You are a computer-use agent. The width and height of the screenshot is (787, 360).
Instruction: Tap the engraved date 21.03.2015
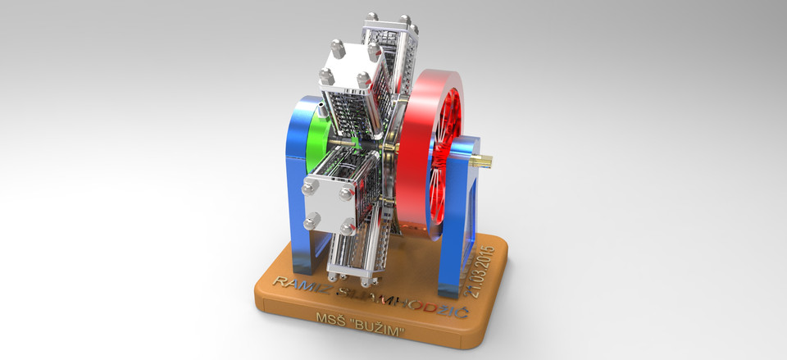pos(481,268)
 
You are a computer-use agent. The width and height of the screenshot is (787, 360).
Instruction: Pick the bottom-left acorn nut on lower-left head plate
pos(312,221)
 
